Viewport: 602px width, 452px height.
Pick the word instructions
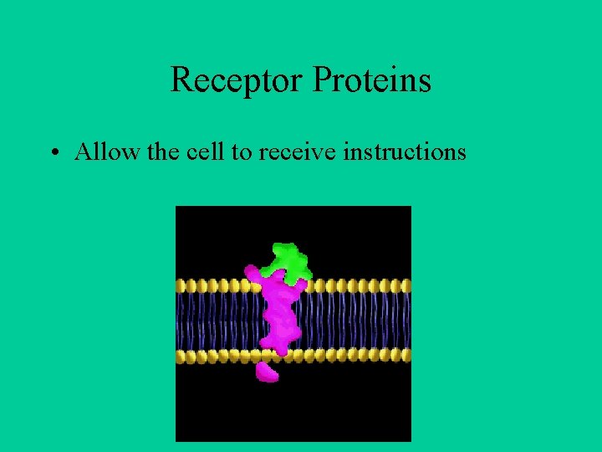pos(405,152)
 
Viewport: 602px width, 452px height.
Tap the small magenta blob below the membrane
pos(267,372)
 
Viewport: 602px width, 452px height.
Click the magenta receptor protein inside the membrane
pos(278,314)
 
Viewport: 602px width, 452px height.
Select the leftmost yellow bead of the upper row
pos(181,285)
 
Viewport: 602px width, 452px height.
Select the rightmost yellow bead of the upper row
pos(406,285)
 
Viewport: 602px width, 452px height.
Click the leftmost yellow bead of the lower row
pos(181,356)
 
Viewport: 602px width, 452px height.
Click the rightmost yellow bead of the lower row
pos(406,356)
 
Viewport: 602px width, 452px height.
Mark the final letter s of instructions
pos(461,154)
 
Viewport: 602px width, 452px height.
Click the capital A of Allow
pos(83,152)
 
